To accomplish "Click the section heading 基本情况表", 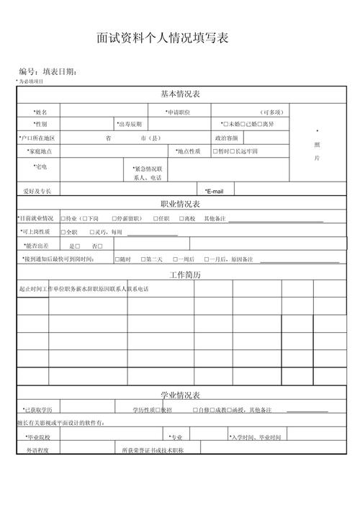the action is click(x=179, y=94).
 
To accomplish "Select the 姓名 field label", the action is click(x=40, y=112).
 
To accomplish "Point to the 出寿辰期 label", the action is click(x=134, y=125).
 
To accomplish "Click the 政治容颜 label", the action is click(x=226, y=138).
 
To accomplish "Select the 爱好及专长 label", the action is click(x=37, y=191).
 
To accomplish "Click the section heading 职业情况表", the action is click(x=179, y=205).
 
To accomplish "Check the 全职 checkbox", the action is click(x=63, y=233).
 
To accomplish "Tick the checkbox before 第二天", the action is click(x=144, y=259).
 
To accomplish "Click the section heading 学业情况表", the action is click(x=179, y=395).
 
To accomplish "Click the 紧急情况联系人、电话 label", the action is click(x=148, y=173).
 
